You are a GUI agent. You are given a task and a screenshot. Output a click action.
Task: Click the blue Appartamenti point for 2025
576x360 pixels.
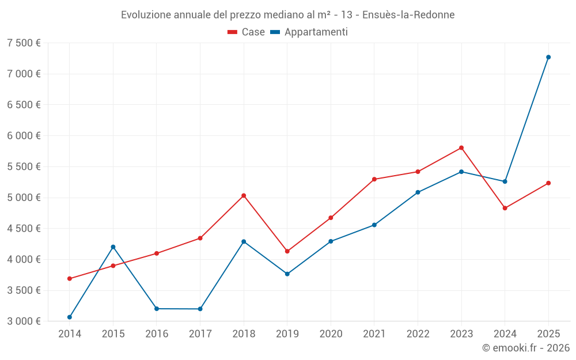tap(548, 57)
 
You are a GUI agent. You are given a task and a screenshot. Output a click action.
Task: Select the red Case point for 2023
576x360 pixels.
tap(461, 148)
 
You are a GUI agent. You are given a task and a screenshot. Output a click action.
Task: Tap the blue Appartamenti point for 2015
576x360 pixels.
tap(113, 247)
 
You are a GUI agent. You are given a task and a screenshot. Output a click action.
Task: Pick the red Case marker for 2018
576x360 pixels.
tap(244, 196)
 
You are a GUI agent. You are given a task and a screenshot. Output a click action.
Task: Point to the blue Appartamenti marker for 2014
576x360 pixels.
tap(70, 317)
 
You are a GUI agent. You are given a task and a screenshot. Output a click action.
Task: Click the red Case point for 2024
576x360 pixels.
tap(505, 208)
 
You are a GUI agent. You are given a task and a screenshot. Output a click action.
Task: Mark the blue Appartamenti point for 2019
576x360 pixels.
tap(287, 274)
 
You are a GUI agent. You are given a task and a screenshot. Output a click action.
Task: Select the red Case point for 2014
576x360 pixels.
tap(70, 279)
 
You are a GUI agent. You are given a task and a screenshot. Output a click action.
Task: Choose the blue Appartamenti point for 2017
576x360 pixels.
tap(200, 309)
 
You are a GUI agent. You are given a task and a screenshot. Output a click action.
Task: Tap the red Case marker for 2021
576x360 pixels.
tap(374, 179)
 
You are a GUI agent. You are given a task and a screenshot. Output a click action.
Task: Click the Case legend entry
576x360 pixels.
tap(247, 32)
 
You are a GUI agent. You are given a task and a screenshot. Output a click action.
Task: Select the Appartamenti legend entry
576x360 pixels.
tap(309, 32)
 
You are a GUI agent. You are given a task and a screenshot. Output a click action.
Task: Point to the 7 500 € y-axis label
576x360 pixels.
tap(24, 43)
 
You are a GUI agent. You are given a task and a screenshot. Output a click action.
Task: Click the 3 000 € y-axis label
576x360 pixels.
tap(24, 321)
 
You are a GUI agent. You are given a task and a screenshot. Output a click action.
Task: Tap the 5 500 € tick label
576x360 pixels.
tap(24, 167)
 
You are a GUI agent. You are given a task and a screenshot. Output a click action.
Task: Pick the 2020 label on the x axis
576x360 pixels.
tap(331, 334)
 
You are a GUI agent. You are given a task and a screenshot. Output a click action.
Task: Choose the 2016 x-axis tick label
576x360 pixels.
tap(157, 334)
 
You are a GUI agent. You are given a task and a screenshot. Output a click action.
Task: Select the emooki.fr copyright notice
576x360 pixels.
tap(525, 348)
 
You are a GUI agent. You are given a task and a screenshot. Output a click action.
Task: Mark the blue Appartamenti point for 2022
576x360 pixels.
tap(418, 192)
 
